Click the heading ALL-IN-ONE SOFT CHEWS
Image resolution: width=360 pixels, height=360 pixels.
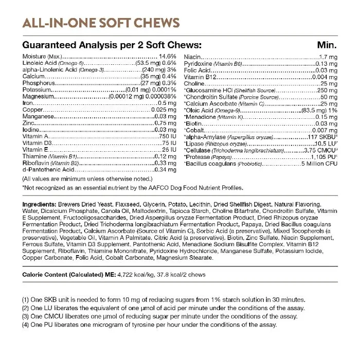click(101, 24)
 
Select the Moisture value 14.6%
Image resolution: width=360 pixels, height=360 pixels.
click(168, 56)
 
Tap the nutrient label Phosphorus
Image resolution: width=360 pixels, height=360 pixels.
click(39, 82)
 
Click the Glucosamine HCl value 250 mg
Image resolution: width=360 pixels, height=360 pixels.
click(326, 89)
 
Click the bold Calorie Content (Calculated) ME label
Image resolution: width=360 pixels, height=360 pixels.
click(67, 275)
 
